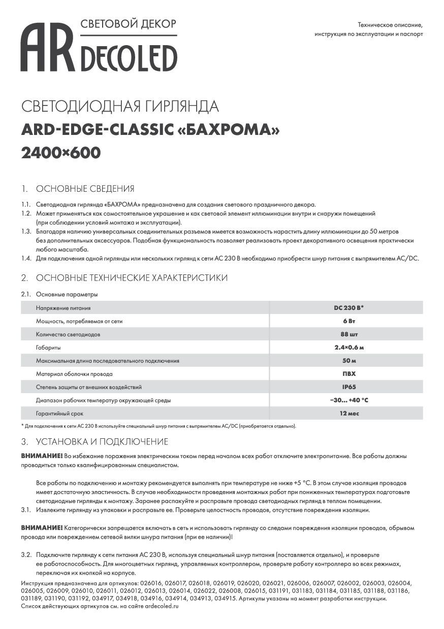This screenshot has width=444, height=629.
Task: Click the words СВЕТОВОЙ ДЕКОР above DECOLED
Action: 129,24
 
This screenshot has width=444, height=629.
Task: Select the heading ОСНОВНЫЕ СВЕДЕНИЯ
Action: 85,189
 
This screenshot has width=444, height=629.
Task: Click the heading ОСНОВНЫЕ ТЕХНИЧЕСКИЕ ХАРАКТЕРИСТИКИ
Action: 132,278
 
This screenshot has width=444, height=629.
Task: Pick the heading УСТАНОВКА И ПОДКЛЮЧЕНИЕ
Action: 102,442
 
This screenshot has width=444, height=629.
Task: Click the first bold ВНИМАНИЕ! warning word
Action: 42,456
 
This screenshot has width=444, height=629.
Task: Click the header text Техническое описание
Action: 390,24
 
